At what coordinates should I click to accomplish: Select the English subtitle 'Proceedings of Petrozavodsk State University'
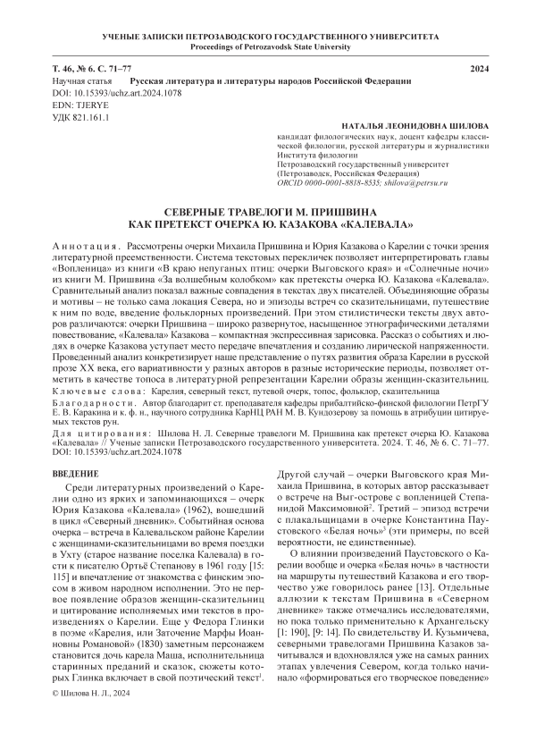pos(267,47)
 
